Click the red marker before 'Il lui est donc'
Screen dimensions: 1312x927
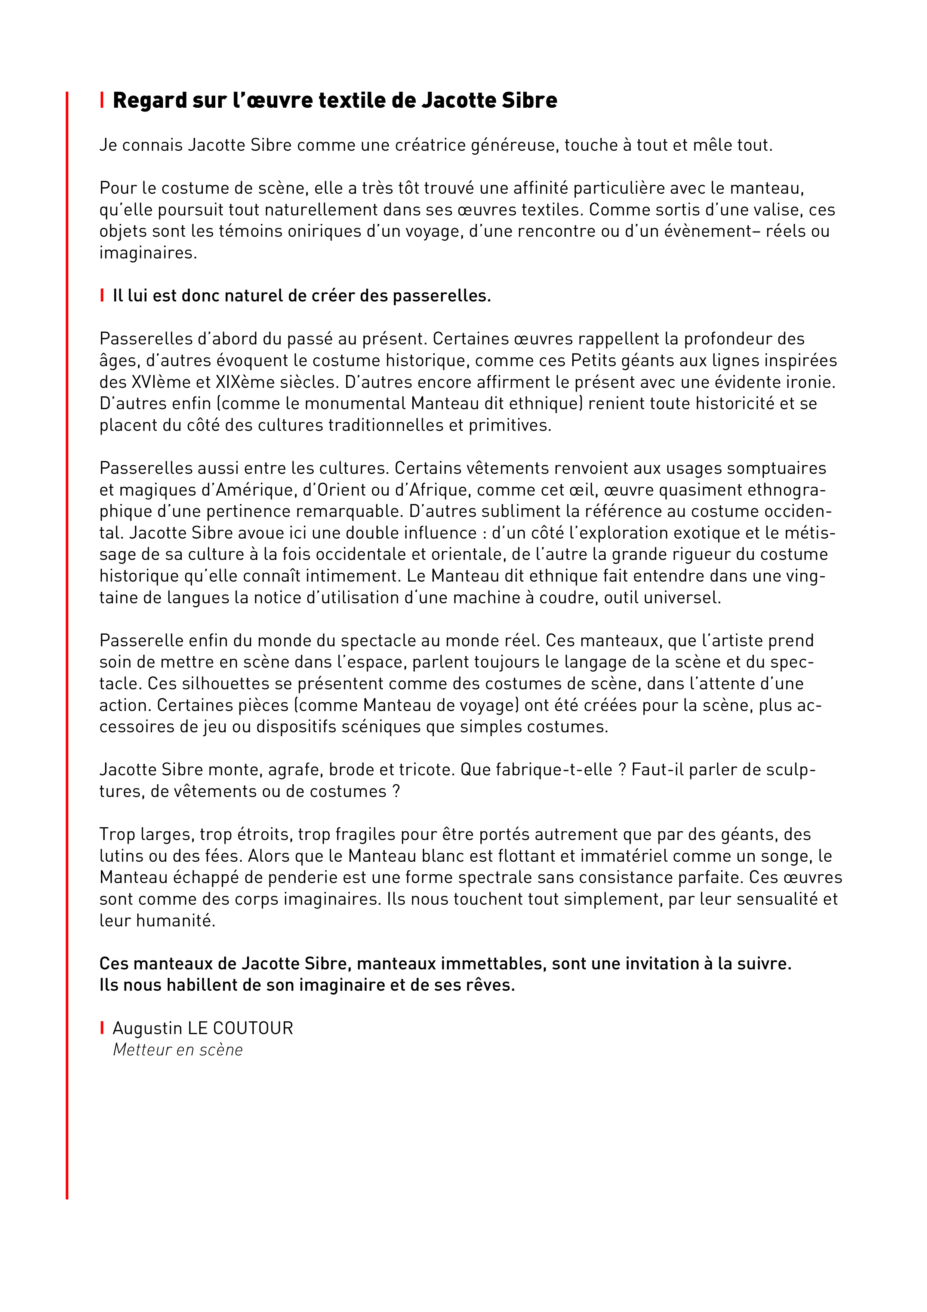102,295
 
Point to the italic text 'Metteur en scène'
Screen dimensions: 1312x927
178,1050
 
